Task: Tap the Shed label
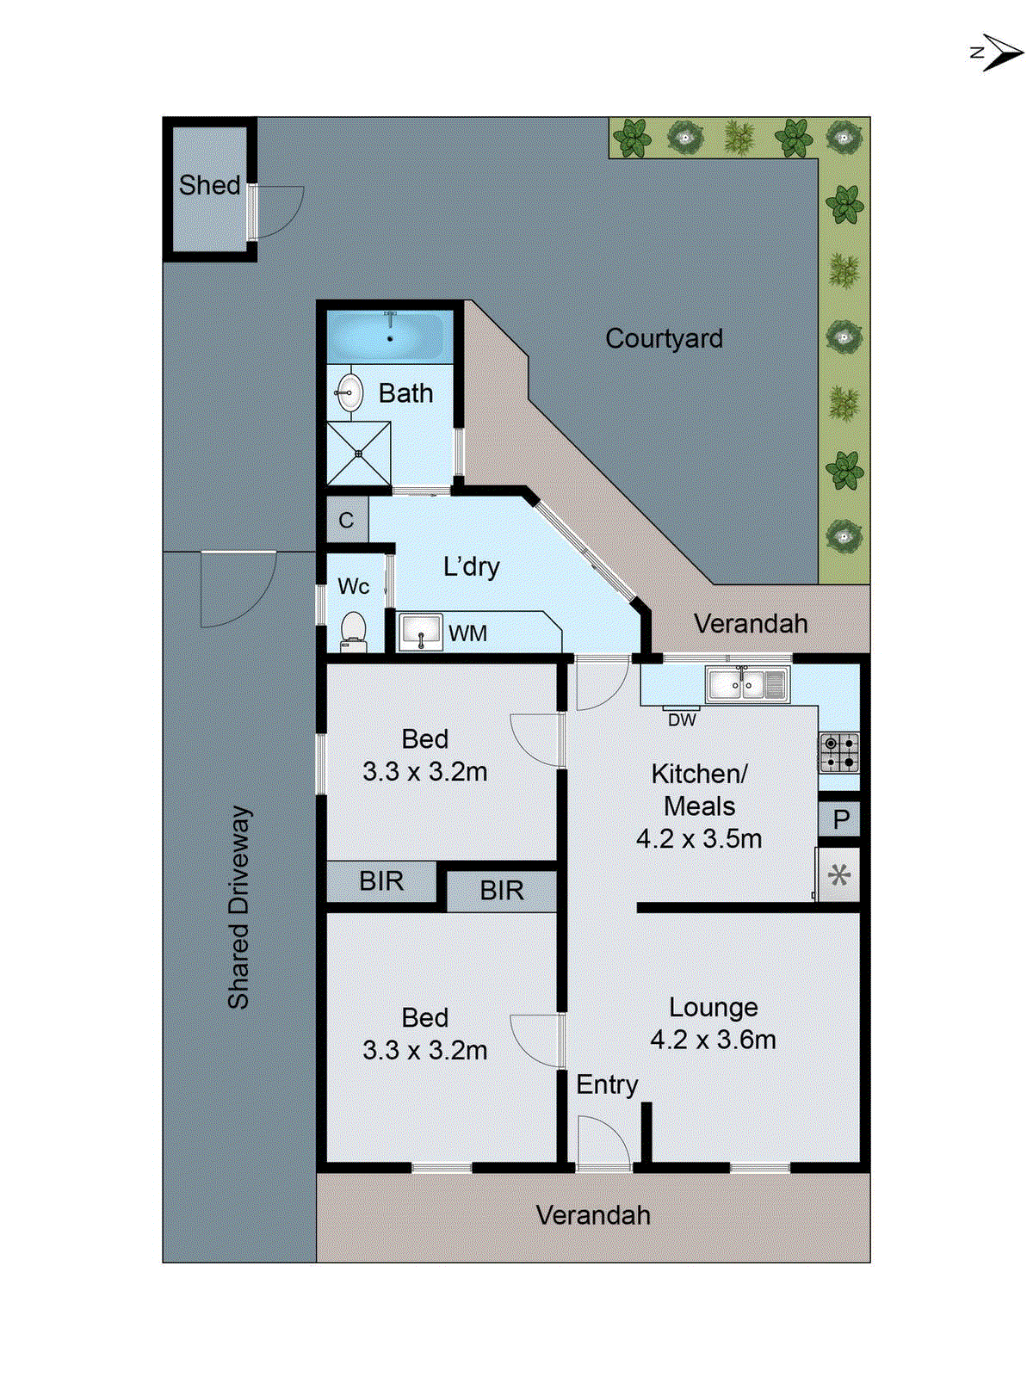(209, 185)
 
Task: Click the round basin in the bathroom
(349, 392)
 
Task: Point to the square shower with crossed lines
(358, 454)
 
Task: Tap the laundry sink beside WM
(420, 632)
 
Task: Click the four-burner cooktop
(838, 751)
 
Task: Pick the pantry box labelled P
(840, 818)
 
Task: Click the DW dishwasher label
(682, 719)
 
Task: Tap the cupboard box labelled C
(346, 520)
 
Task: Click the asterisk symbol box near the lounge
(838, 876)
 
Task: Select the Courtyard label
(664, 338)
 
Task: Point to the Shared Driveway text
(238, 907)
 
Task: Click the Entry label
(607, 1084)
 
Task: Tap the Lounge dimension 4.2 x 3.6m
(713, 1040)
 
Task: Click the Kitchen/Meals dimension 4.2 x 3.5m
(699, 838)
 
